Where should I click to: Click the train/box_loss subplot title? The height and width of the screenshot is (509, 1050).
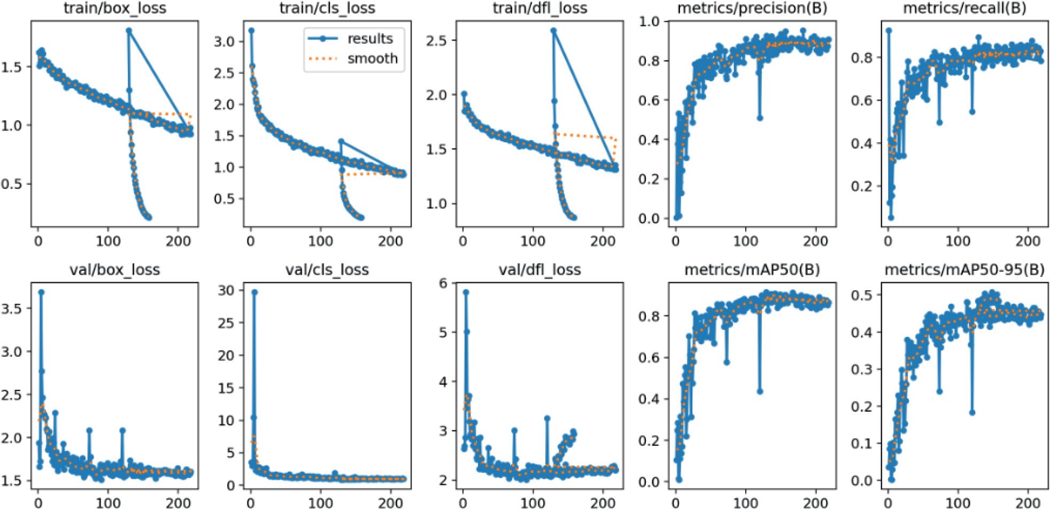click(115, 8)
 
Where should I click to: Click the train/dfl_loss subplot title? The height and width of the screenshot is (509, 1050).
click(540, 8)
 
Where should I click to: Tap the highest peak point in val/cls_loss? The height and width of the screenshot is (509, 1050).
click(254, 292)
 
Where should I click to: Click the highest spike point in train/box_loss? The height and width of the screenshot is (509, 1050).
click(129, 30)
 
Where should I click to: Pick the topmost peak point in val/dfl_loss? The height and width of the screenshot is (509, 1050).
click(466, 292)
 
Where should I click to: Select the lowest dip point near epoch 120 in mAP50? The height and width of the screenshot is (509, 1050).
click(760, 392)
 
